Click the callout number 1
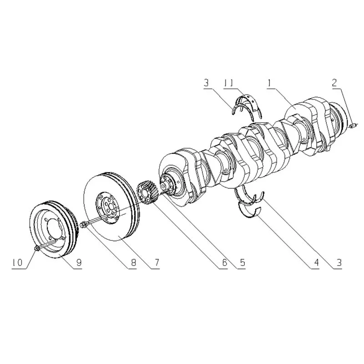[269, 83]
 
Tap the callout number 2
[334, 83]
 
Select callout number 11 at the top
[228, 83]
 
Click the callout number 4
[316, 263]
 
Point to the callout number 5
[243, 263]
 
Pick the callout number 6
[224, 263]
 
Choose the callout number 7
[157, 263]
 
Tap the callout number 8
[133, 263]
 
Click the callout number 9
[79, 263]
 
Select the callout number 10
[17, 263]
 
